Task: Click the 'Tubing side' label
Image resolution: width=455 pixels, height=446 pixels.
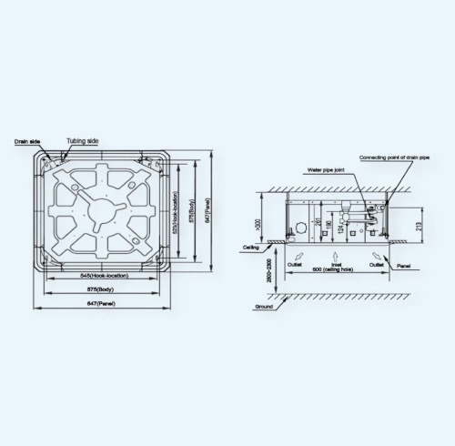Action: pyautogui.click(x=81, y=142)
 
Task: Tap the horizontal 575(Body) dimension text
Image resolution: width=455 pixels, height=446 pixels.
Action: pyautogui.click(x=103, y=289)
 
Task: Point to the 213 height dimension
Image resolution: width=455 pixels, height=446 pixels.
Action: pyautogui.click(x=418, y=220)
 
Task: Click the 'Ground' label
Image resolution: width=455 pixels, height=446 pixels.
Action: pyautogui.click(x=263, y=308)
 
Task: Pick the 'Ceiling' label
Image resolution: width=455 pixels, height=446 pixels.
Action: pyautogui.click(x=252, y=247)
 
